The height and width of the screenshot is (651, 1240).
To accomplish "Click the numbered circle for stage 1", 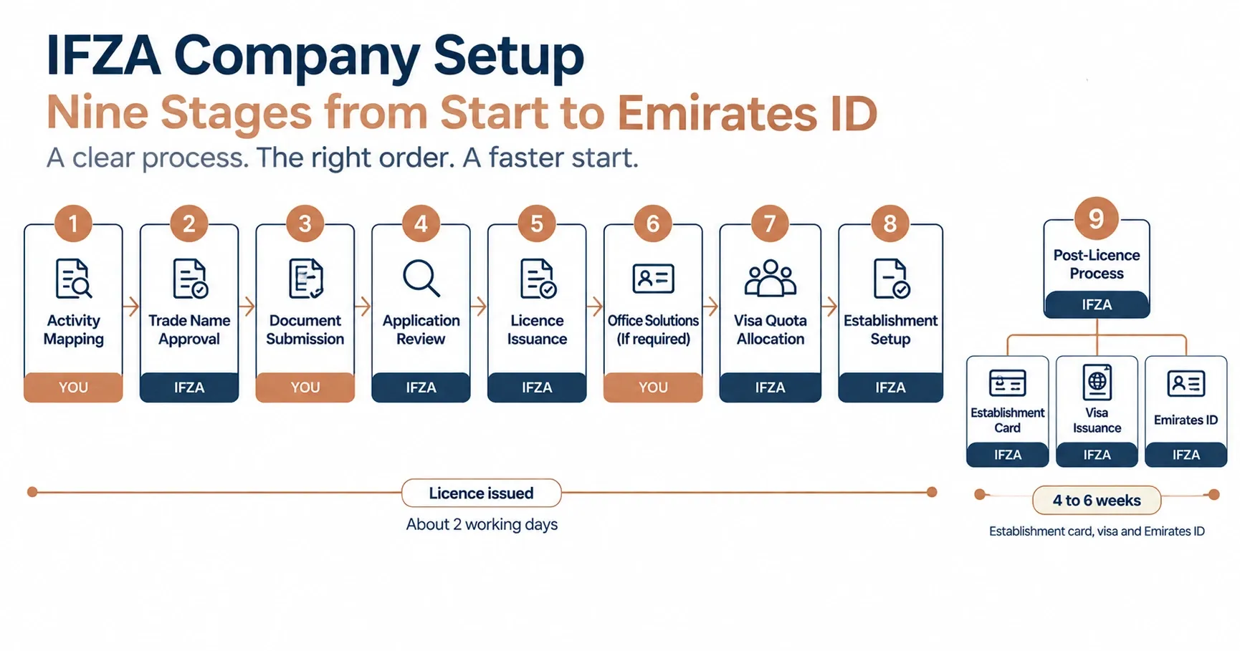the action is coord(73,224).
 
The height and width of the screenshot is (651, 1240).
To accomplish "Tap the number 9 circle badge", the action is coord(1096,218).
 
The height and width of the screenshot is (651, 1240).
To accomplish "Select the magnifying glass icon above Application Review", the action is coord(421,278).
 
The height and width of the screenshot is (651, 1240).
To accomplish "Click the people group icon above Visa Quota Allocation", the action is coord(771,278).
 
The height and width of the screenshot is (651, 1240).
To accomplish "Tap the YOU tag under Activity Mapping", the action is coord(73,387).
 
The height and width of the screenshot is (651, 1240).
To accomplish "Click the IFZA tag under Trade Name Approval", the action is coord(189,387).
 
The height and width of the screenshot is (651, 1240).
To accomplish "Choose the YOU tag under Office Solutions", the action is coord(653,387).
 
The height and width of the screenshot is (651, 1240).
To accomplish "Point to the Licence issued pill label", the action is coord(481,493).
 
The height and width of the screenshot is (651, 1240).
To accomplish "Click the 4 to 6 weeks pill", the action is coord(1097,501).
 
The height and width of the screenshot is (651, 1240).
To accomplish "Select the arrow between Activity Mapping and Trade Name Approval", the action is coord(131,307).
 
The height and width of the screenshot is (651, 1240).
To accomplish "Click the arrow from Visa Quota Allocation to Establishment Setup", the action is coord(829,307).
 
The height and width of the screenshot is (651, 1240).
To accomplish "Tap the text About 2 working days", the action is coord(482,524).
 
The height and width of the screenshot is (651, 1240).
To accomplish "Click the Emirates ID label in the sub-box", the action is coord(1186,420).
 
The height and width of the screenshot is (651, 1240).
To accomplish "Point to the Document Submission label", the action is coord(305,329).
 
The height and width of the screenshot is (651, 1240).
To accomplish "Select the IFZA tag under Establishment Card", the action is coord(1008,455).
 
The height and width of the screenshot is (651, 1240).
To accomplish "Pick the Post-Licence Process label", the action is coord(1097,264).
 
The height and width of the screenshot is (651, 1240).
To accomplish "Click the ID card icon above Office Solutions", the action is coord(653,279).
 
